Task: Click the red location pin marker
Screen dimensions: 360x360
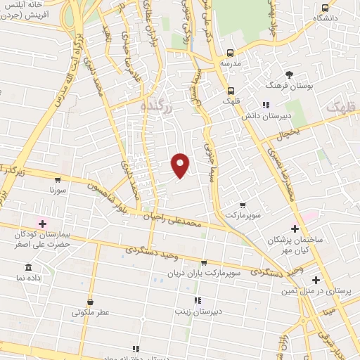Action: [x=181, y=165]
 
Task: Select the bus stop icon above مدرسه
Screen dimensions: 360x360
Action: [x=231, y=53]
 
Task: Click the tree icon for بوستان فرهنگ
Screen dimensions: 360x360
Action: [x=289, y=75]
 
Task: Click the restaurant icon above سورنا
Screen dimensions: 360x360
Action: [x=58, y=179]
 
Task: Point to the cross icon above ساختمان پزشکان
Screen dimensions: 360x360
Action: [x=295, y=229]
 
